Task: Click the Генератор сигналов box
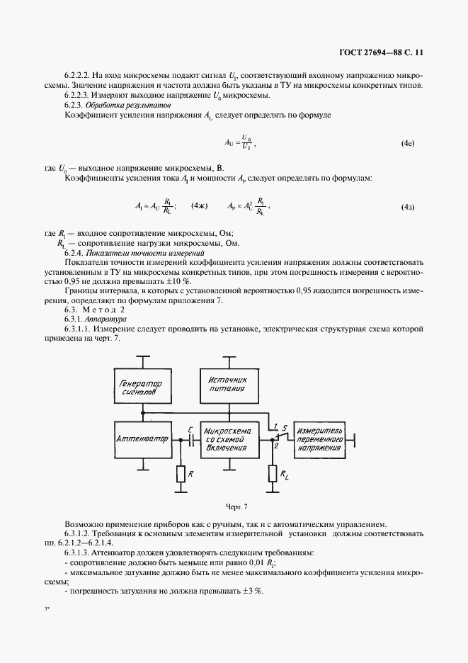click(x=143, y=388)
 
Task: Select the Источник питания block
click(x=227, y=384)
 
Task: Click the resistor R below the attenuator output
click(x=181, y=474)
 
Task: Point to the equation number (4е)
click(x=407, y=144)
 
